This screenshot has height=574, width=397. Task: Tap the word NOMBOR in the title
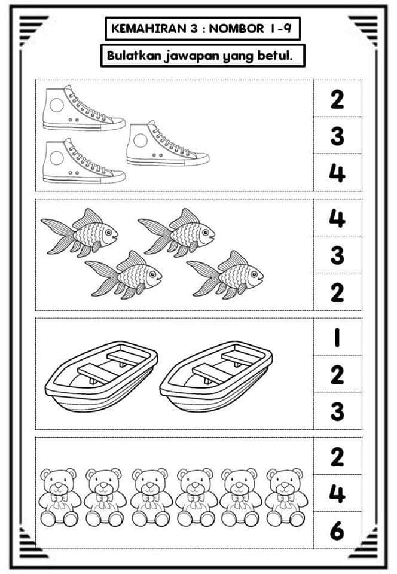click(236, 29)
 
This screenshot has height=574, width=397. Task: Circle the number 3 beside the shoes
click(337, 136)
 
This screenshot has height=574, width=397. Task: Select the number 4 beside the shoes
click(337, 173)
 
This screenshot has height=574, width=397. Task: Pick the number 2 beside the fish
click(337, 292)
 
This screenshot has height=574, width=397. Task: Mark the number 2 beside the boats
click(337, 374)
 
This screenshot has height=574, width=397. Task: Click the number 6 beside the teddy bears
click(337, 530)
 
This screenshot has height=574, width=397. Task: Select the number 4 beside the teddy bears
click(337, 493)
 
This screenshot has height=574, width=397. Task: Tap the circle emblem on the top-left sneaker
click(57, 105)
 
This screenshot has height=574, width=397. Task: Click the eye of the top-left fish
click(108, 232)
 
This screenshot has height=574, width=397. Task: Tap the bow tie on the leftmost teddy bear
click(58, 499)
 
